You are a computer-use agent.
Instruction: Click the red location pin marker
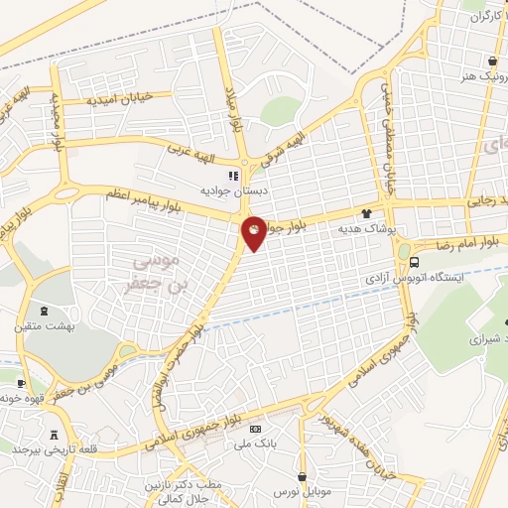(254, 232)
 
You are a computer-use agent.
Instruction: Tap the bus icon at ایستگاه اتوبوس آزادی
(414, 263)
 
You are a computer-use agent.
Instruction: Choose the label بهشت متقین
(43, 325)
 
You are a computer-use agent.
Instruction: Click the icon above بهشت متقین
(42, 310)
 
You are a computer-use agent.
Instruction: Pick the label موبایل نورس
(301, 493)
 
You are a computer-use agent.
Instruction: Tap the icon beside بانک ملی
(256, 429)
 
